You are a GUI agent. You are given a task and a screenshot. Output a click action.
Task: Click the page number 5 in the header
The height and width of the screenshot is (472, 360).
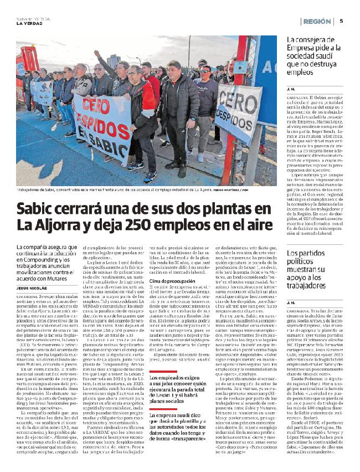[x=341, y=21]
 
